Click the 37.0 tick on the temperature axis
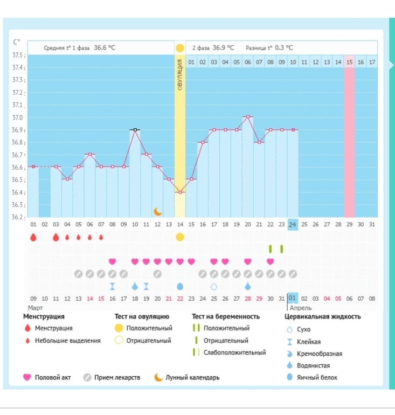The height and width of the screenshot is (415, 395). pos(19,117)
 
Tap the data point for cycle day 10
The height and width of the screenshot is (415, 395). pos(135,129)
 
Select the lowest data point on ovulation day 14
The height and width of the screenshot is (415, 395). pos(180,192)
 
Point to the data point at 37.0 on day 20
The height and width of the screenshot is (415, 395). pos(248,116)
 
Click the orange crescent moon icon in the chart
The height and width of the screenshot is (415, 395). pos(157,211)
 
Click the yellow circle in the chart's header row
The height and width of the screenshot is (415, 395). pos(179,48)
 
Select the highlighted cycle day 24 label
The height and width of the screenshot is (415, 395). pos(293,224)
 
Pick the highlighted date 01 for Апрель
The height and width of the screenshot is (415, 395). pos(293,298)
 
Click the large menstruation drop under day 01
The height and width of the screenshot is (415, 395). pos(33,237)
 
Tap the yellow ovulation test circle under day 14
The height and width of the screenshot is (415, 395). pos(180,237)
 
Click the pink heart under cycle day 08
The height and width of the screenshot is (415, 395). pos(112,261)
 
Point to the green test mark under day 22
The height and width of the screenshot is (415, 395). pos(271,249)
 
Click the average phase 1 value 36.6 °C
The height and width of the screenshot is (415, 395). pos(105,47)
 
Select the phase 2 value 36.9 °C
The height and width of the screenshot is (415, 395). pos(223,47)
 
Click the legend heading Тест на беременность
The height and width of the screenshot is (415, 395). pos(226,316)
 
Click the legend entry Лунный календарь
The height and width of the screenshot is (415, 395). pos(192,378)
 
